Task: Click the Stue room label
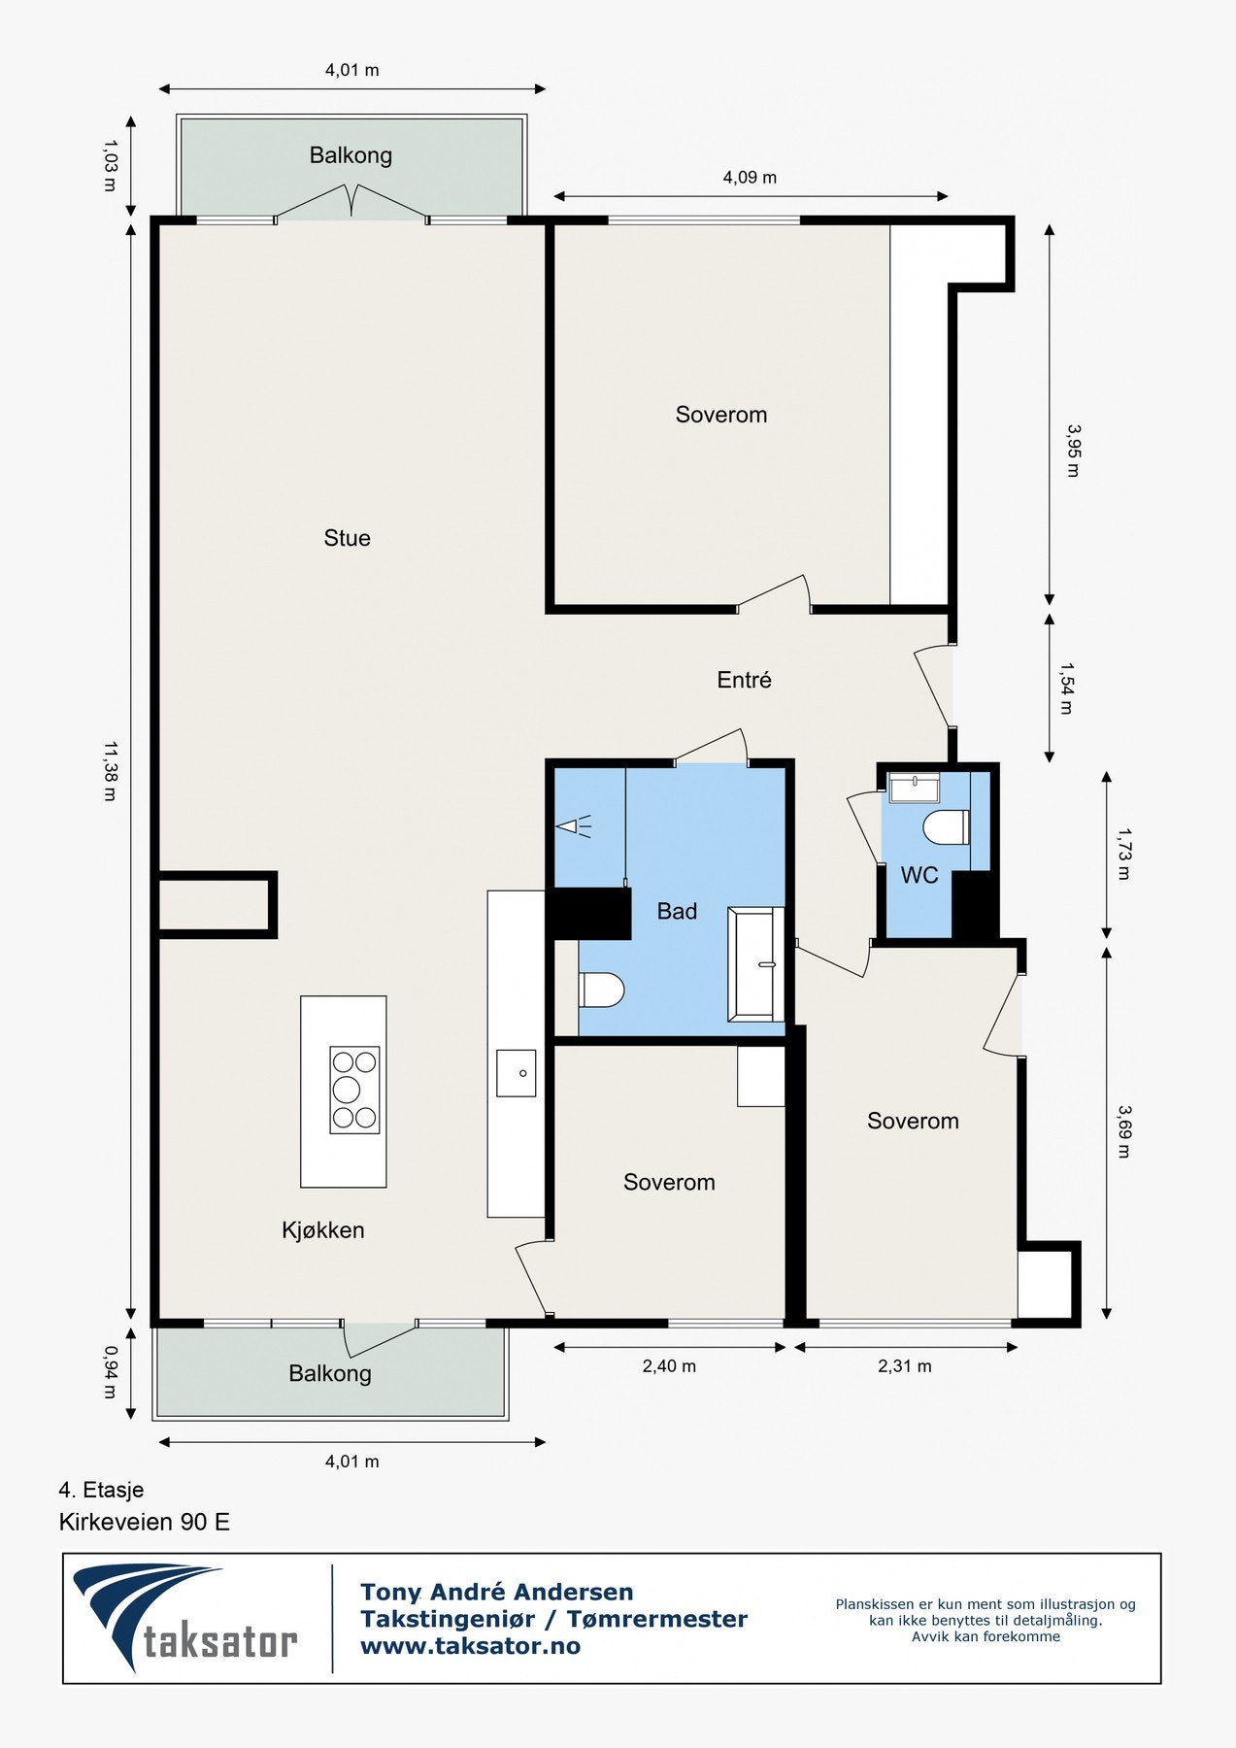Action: click(347, 538)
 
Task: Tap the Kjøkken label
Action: click(323, 1230)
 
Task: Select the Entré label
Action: click(744, 680)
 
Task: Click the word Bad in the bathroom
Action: click(677, 911)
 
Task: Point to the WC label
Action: click(919, 875)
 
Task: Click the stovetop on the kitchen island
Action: click(354, 1090)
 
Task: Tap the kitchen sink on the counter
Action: click(517, 1073)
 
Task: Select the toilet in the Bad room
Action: click(601, 991)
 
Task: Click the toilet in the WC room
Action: click(947, 827)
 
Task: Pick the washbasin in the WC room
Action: click(915, 789)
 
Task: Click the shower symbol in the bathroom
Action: click(574, 827)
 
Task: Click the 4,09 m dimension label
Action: click(750, 178)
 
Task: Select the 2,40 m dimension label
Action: click(669, 1366)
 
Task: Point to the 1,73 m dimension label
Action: click(1123, 854)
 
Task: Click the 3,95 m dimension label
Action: click(1073, 451)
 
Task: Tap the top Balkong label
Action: click(351, 155)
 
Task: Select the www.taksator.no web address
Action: click(470, 1646)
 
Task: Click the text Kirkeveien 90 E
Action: click(145, 1522)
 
